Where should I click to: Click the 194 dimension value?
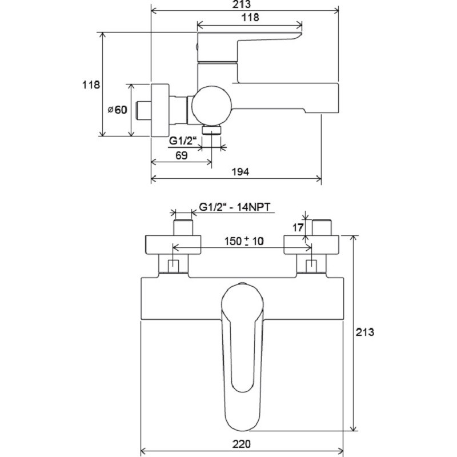point(240,172)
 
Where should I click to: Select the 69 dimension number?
point(182,155)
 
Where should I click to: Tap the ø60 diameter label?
point(118,110)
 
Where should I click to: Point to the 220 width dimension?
point(241,444)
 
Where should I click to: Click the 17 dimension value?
point(298,227)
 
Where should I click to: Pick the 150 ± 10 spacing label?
point(244,241)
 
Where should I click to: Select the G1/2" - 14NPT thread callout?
point(235,207)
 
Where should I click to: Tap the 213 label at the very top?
point(242,5)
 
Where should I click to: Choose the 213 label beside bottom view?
point(364,332)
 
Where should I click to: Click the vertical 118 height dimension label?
point(91,85)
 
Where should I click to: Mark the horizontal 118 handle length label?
point(250,18)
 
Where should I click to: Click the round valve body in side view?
point(212,106)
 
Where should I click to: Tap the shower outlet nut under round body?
point(212,130)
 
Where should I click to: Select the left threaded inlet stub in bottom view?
point(183,227)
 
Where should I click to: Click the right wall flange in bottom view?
point(311,245)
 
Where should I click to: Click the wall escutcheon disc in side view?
point(160,110)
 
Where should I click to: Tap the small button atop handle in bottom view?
point(242,283)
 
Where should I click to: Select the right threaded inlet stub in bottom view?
point(322,227)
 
